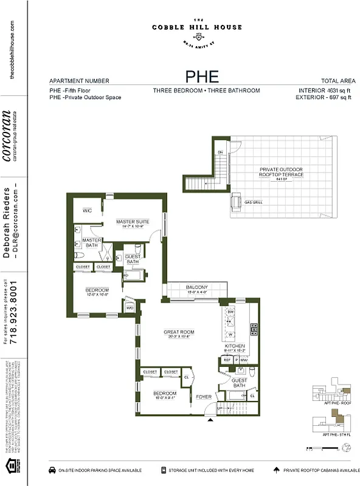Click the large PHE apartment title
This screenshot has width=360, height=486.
[x=202, y=78]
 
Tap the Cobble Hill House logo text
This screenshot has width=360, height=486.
[x=197, y=27]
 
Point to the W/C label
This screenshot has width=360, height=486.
[x=87, y=211]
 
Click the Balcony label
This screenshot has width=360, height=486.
[x=197, y=287]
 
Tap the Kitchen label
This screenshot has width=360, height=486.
[x=235, y=346]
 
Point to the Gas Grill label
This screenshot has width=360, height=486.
[x=254, y=202]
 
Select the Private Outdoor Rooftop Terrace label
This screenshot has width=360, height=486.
[x=281, y=173]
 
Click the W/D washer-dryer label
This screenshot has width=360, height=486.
[x=130, y=308]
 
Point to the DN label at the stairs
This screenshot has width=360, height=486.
[x=220, y=151]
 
